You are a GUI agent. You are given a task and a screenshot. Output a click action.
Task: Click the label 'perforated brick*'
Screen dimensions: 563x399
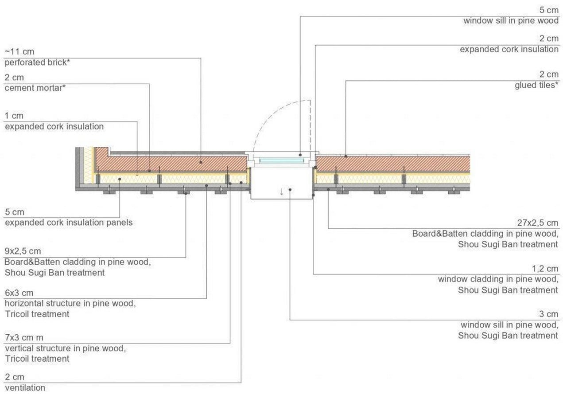37,63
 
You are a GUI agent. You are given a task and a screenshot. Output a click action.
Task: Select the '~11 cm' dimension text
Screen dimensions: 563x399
19,51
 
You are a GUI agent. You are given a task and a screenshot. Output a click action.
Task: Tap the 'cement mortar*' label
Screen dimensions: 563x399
35,88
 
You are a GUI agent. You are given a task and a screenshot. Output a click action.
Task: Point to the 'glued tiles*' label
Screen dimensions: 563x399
536,85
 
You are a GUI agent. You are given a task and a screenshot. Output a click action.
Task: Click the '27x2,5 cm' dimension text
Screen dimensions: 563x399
538,223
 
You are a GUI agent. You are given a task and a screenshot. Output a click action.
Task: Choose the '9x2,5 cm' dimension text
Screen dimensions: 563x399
23,251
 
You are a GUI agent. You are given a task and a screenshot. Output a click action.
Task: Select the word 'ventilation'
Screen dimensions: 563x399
25,387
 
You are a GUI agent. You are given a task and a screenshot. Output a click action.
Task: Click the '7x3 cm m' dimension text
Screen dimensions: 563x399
24,337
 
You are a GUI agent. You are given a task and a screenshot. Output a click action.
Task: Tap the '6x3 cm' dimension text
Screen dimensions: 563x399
19,293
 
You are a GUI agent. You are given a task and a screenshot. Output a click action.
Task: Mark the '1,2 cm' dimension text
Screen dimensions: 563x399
545,269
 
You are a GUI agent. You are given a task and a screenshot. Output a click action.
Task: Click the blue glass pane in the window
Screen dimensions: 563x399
282,160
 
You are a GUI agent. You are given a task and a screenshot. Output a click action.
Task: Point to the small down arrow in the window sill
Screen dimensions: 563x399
282,192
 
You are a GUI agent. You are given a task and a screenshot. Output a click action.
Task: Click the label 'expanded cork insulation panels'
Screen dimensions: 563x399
69,223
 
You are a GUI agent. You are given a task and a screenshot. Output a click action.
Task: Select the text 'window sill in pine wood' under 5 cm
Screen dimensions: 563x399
511,21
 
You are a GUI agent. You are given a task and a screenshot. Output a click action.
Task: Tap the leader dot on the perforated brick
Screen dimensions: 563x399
201,162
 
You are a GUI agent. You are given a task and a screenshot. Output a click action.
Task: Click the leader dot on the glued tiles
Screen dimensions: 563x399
346,156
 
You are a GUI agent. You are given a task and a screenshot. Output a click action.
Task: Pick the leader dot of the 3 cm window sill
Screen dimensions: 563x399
290,190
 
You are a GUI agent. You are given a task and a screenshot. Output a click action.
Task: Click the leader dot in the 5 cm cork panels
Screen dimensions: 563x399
120,179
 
